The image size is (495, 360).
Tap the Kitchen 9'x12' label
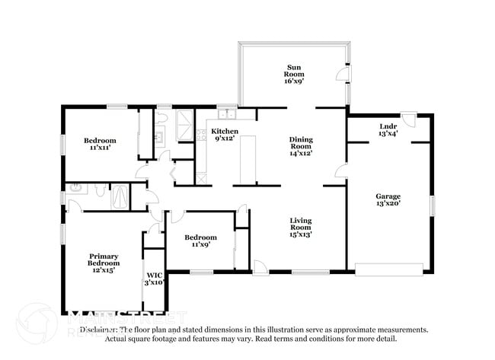point(225,135)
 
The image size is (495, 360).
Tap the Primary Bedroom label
point(103,263)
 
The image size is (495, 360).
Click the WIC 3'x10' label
point(155,279)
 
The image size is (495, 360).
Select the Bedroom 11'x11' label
point(100,144)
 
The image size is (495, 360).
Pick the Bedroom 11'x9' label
point(201,241)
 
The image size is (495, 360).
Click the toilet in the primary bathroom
point(75,188)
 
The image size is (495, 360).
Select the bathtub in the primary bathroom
point(120,198)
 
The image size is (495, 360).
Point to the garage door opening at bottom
point(389,269)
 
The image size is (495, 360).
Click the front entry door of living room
point(260,266)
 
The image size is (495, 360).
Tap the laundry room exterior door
point(409,119)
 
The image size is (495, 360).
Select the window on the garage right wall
point(432,205)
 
